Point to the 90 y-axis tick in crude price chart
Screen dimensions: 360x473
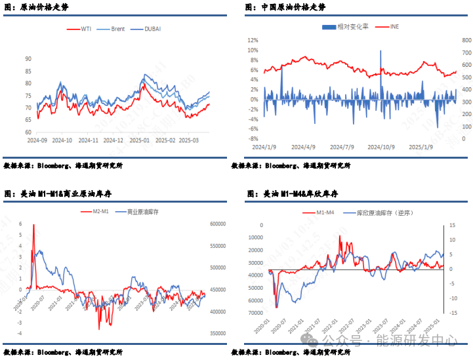[x=28, y=58]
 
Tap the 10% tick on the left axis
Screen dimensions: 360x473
[x=253, y=40]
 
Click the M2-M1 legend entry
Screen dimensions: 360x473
[x=101, y=211]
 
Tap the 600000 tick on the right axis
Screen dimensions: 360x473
[x=217, y=224]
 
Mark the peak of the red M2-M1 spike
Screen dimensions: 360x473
[x=33, y=225]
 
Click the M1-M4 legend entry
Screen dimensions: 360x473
[x=325, y=212]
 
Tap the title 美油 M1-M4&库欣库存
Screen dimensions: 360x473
[x=298, y=194]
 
